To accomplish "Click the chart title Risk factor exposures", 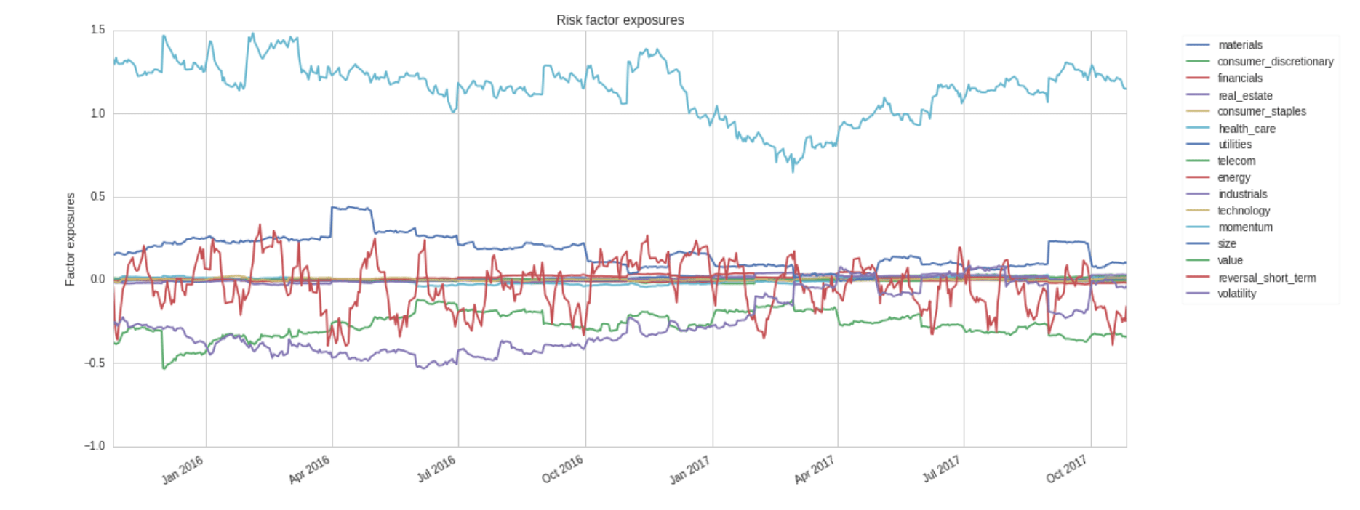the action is click(x=620, y=20).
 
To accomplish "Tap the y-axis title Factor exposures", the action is click(x=71, y=239).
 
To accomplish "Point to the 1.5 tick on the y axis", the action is click(x=97, y=30).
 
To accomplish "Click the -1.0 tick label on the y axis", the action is click(x=95, y=446).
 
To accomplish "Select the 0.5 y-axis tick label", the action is click(x=97, y=197).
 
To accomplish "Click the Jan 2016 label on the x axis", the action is click(x=182, y=469).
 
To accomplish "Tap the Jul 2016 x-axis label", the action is click(x=436, y=469).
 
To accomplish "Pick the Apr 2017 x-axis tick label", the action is click(x=814, y=469).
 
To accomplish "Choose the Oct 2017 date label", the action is click(x=1066, y=469).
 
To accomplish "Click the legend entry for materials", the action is click(x=1240, y=45).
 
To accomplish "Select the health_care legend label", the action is click(x=1247, y=129).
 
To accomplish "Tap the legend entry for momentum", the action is click(x=1245, y=227).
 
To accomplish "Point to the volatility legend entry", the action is click(x=1236, y=294).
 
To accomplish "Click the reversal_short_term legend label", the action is click(x=1266, y=278).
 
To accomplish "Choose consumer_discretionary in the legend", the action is click(x=1275, y=62).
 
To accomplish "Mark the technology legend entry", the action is click(x=1244, y=211).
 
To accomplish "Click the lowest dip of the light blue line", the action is click(x=793, y=171).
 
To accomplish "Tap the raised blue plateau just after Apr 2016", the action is click(x=352, y=208).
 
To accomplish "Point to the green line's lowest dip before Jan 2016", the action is click(x=164, y=368).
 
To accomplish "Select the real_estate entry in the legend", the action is click(x=1245, y=95).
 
